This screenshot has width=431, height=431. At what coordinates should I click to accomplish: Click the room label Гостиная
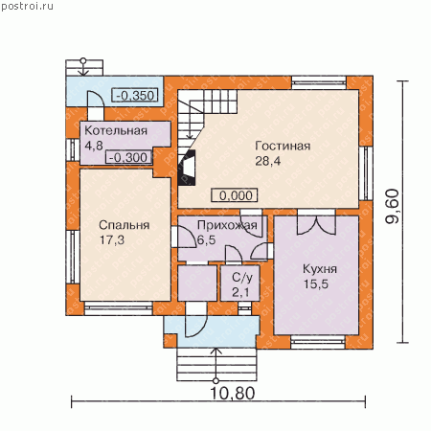[283, 146]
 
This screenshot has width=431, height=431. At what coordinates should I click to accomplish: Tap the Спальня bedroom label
[125, 225]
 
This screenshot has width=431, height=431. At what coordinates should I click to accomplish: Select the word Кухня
[320, 269]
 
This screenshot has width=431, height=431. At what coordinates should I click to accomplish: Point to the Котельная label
[116, 130]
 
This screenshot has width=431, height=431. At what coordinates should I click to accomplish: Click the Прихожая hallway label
[227, 225]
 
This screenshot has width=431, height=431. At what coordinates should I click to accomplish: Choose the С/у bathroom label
[242, 278]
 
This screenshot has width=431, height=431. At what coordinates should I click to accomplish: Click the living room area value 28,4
[268, 161]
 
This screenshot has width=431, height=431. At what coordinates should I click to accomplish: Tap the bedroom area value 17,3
[112, 240]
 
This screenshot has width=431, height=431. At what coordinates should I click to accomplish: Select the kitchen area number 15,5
[316, 284]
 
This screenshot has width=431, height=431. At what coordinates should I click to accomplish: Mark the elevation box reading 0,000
[235, 195]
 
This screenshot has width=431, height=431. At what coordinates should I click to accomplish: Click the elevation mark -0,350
[135, 95]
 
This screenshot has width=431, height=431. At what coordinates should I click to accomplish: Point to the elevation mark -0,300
[128, 157]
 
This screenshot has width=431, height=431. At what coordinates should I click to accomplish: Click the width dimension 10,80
[233, 394]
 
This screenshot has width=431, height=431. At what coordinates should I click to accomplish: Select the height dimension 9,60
[393, 206]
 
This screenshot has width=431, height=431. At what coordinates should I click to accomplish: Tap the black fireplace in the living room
[187, 168]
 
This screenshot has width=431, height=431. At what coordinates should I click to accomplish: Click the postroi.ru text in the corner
[28, 7]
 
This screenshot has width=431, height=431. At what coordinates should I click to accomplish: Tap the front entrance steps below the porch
[216, 364]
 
